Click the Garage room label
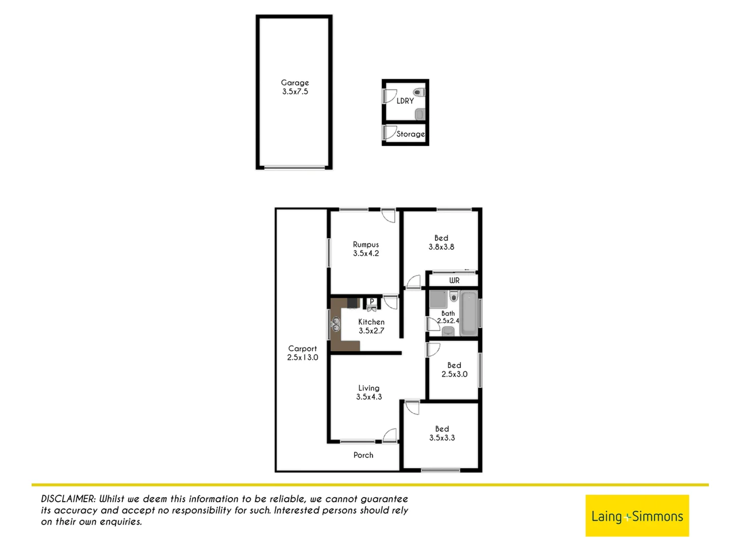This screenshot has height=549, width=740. pos(295,82)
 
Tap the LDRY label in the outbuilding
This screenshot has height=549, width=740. pos(405,101)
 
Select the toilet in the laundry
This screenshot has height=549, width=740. pos(419,93)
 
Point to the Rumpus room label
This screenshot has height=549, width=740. pos(366,245)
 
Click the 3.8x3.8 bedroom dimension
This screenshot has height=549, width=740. pos(441,247)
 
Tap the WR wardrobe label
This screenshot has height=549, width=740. pos(454,280)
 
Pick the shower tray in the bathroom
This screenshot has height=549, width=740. pos(438,299)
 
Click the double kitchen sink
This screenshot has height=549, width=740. pos(336,323)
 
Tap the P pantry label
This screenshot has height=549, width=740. pos(372,301)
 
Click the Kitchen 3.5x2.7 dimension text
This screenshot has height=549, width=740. pos(371,330)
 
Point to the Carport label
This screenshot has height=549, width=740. pos(302,349)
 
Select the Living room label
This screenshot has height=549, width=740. pos(369,388)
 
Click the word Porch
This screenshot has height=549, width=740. pos(363,455)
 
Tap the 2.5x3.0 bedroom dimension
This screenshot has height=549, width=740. pos(454,374)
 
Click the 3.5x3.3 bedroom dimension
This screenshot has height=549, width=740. pos(442,438)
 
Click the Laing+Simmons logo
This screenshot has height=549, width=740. pos(637,515)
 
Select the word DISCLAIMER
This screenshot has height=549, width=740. pos(68,499)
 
